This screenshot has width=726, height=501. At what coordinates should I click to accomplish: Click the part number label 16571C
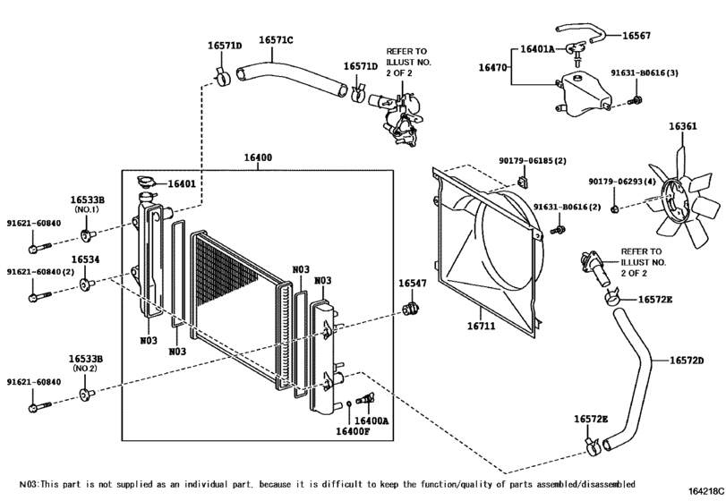click(x=277, y=40)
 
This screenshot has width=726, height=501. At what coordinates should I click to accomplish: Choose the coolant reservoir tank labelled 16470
click(x=579, y=93)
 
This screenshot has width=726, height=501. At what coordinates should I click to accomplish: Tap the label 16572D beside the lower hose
click(x=688, y=360)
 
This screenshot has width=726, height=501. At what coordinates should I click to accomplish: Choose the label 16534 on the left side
click(x=85, y=259)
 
